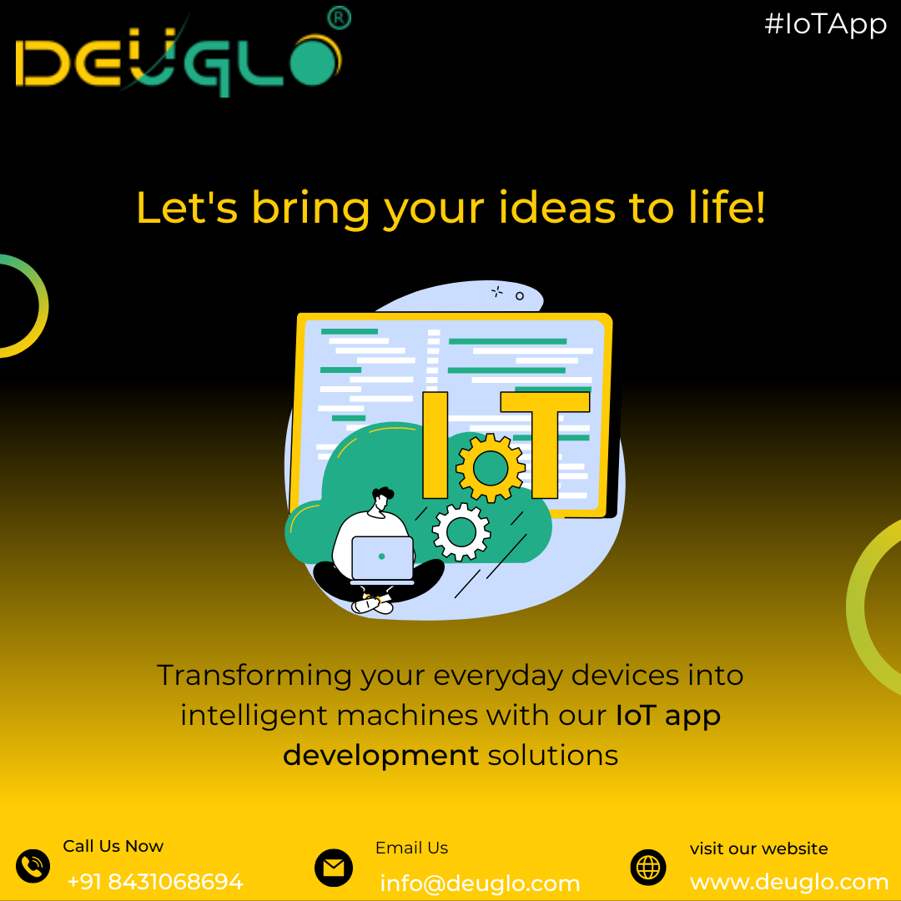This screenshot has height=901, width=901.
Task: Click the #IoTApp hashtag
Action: [825, 25]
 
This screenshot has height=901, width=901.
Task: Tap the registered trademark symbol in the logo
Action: [339, 18]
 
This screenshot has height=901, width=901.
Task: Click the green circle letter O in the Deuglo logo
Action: [314, 62]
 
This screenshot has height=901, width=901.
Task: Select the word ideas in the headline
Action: [557, 208]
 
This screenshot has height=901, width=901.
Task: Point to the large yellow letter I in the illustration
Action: [435, 445]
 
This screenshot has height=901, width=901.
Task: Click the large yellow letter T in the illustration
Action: [545, 445]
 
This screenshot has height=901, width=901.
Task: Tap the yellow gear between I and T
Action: [491, 468]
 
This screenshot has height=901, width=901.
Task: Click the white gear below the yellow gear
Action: [461, 531]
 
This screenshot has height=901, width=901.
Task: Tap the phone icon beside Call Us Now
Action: [33, 865]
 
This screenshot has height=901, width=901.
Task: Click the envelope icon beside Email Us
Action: [333, 867]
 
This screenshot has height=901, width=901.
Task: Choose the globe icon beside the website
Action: [648, 867]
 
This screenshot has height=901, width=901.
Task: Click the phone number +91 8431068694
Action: [155, 882]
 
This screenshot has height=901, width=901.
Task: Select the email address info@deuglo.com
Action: [480, 883]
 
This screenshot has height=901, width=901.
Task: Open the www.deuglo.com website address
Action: [789, 882]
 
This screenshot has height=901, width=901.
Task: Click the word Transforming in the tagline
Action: [254, 675]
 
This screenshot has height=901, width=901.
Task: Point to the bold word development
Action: [380, 755]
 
